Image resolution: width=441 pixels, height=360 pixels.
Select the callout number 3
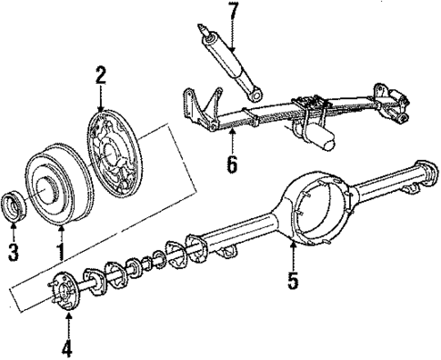[13, 250]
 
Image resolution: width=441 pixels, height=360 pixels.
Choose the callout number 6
[232, 165]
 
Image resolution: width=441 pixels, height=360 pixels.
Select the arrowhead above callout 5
[293, 243]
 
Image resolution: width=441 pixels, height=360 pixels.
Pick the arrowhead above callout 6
[232, 133]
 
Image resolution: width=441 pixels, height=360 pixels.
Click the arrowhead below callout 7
[232, 48]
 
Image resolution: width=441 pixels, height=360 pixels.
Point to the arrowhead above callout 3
[13, 223]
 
